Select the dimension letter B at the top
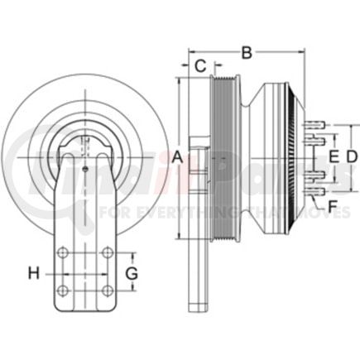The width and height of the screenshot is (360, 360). (x=245, y=52)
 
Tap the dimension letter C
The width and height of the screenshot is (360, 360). (x=199, y=66)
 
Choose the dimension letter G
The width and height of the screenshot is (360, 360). (x=130, y=272)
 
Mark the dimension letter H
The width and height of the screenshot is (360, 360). (x=33, y=271)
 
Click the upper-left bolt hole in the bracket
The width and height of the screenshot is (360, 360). (x=63, y=254)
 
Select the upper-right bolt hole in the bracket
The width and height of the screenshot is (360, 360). (x=108, y=254)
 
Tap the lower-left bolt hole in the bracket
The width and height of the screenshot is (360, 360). (x=63, y=289)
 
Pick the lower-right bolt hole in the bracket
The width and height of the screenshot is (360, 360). (x=108, y=289)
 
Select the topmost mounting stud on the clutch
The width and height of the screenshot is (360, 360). (x=314, y=125)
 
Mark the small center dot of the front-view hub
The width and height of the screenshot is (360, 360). (x=86, y=170)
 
